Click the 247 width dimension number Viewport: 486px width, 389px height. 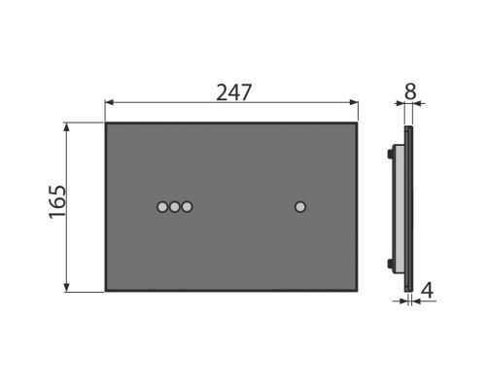tap(233, 92)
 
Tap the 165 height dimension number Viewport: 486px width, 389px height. tap(57, 202)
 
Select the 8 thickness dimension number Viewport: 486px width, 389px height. tap(410, 91)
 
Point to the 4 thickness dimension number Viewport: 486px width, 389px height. tap(427, 291)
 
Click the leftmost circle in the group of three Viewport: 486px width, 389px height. tap(162, 207)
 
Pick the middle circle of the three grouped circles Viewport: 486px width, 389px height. tap(175, 207)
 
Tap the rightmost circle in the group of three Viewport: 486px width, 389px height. tap(187, 207)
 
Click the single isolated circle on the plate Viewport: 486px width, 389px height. tap(300, 207)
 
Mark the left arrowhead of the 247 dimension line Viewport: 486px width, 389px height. tap(110, 102)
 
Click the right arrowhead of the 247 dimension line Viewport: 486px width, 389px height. tap(354, 102)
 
